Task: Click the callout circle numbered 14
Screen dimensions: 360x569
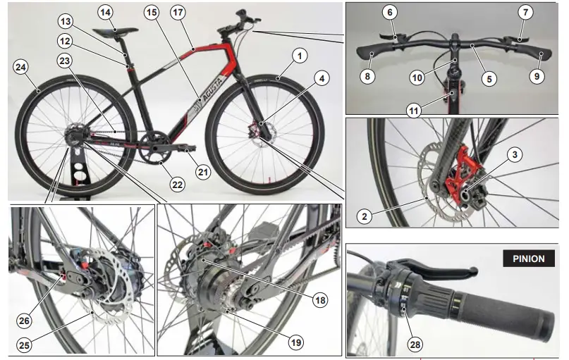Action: [105, 12]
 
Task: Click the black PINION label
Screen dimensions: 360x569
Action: [528, 259]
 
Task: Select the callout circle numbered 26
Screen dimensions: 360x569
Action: [25, 321]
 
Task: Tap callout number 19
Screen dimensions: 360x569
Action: [296, 342]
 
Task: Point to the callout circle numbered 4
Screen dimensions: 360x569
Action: [322, 79]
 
